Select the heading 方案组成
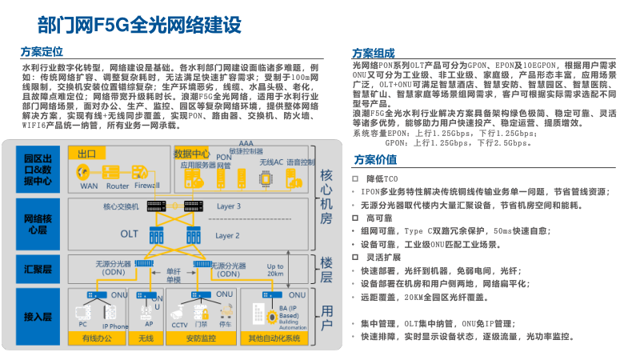(x=374, y=52)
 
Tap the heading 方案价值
(x=374, y=159)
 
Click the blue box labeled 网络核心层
(x=38, y=224)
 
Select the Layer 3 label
(x=228, y=206)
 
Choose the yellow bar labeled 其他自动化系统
(x=274, y=338)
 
